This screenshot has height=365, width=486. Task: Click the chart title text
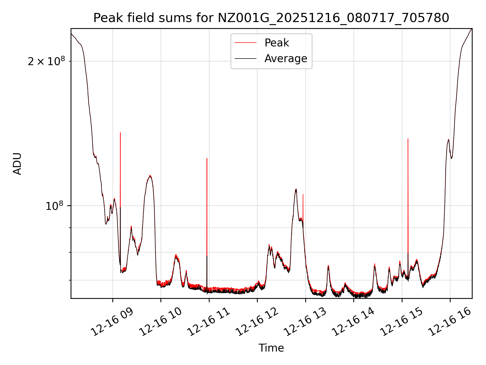click(x=271, y=18)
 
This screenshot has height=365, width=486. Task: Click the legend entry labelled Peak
click(x=276, y=43)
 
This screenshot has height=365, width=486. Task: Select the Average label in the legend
click(x=286, y=59)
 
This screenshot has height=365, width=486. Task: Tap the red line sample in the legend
click(x=245, y=43)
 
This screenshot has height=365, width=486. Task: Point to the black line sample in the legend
click(x=245, y=59)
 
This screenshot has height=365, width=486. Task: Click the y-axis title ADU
click(x=17, y=163)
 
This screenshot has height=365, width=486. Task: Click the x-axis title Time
click(x=271, y=348)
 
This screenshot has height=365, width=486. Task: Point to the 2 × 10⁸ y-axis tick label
click(x=46, y=61)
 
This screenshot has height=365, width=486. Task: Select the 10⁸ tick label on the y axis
click(x=54, y=206)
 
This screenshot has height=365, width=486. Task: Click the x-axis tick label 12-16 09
click(x=112, y=322)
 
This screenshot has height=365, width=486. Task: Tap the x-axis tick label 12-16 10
click(x=160, y=322)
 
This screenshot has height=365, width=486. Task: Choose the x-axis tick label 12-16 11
click(x=209, y=322)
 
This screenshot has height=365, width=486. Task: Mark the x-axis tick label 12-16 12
click(x=257, y=322)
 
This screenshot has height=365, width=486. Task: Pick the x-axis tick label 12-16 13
click(x=305, y=322)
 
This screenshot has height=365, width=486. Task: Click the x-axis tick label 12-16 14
click(x=353, y=322)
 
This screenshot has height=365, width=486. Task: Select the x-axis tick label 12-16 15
click(x=402, y=322)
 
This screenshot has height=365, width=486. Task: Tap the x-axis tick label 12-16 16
click(x=450, y=322)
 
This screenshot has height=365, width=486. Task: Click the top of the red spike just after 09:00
click(x=120, y=133)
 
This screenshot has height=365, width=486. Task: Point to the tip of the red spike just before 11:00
click(x=207, y=158)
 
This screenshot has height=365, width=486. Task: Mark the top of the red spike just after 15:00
click(x=408, y=139)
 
